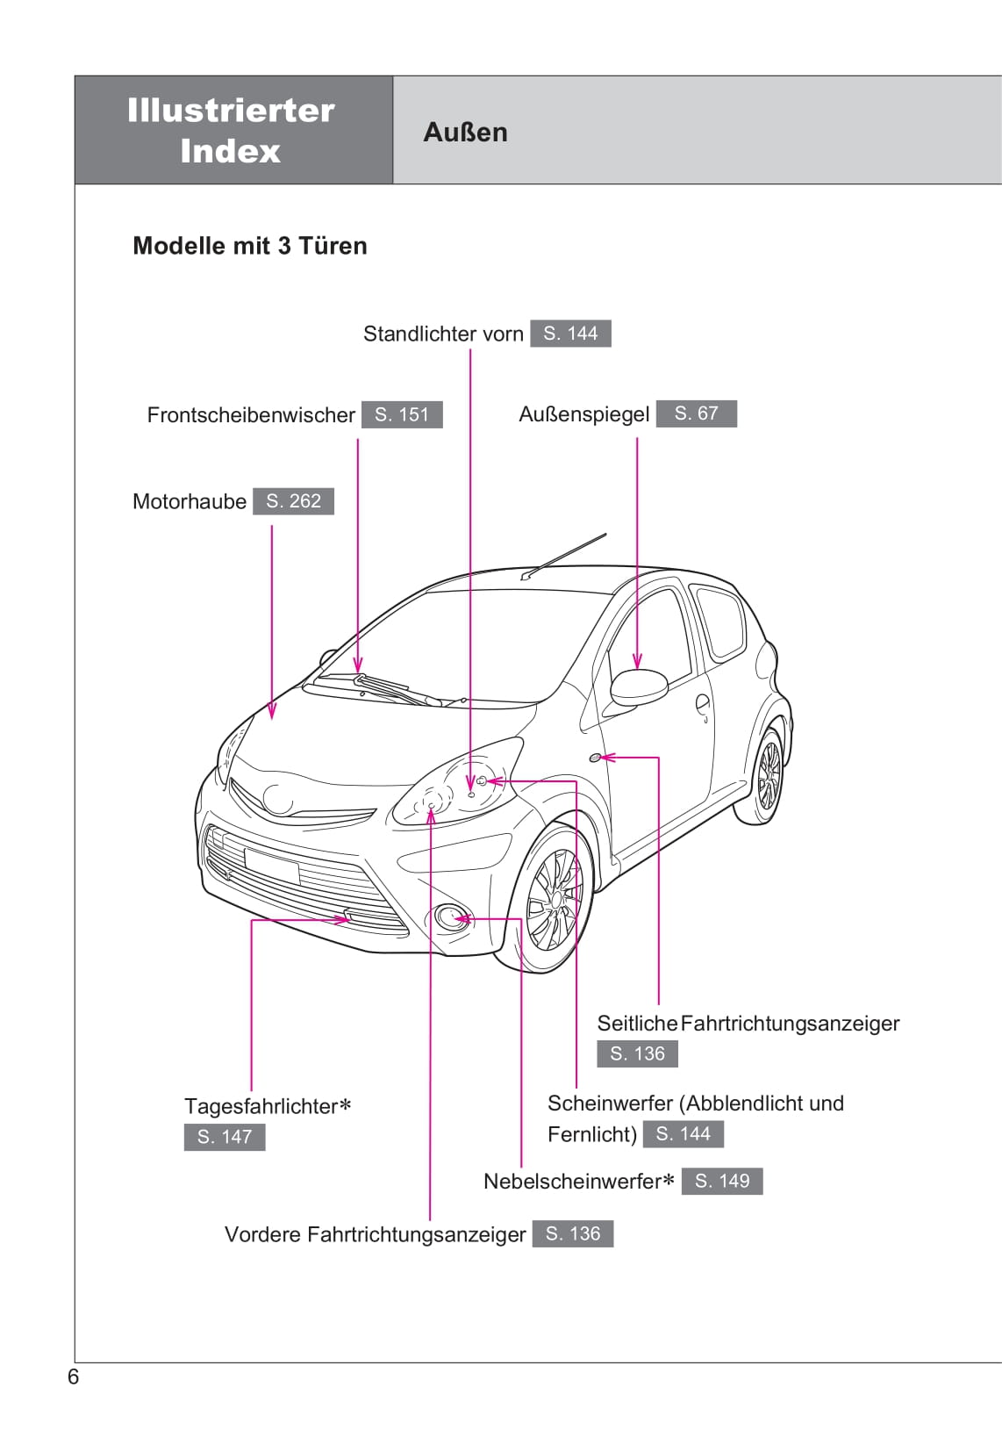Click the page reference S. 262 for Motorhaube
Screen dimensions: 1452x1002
click(293, 501)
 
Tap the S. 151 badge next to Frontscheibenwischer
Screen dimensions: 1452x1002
click(402, 414)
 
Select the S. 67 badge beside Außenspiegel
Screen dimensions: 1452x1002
click(696, 413)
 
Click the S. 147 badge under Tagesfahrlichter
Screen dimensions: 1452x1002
click(224, 1137)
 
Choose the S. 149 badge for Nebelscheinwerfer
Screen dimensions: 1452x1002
click(722, 1181)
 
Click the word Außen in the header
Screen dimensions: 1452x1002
click(465, 132)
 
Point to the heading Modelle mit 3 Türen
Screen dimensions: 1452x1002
click(249, 246)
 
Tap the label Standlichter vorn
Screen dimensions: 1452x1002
click(443, 334)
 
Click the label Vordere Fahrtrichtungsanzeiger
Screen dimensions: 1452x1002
click(375, 1234)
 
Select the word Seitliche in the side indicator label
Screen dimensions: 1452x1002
click(637, 1024)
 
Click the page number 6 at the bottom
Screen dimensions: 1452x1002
click(73, 1377)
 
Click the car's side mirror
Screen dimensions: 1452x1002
click(638, 686)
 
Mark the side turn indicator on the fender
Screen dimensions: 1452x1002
click(596, 757)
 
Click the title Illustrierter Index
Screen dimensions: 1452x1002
click(231, 130)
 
